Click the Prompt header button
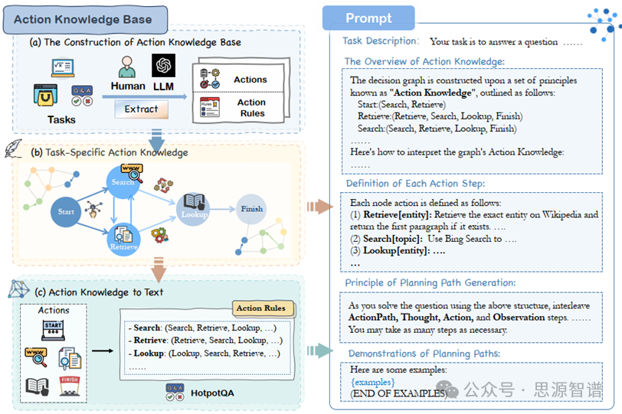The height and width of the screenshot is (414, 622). [x=368, y=18]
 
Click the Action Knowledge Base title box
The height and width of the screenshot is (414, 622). [x=83, y=19]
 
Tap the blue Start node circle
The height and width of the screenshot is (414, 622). [x=66, y=210]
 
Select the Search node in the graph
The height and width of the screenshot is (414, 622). [x=124, y=183]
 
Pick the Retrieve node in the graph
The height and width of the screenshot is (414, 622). [x=124, y=237]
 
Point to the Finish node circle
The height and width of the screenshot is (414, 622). [x=251, y=209]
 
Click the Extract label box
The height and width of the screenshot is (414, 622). [x=141, y=109]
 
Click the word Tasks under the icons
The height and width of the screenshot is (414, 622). [x=61, y=119]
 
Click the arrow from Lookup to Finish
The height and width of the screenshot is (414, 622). [x=222, y=209]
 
